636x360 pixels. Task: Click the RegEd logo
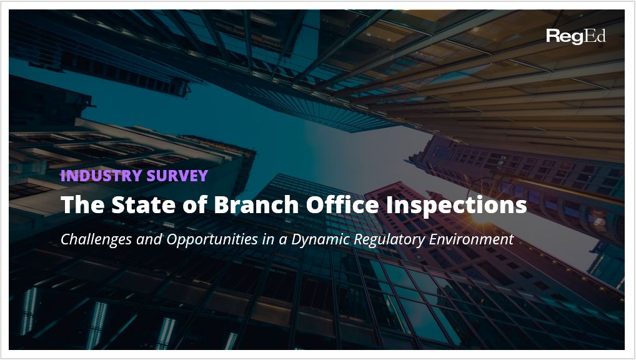576,36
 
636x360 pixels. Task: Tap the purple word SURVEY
177,176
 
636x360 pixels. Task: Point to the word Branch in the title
256,204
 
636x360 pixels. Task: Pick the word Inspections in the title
456,206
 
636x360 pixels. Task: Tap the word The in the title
82,204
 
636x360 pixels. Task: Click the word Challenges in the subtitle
96,239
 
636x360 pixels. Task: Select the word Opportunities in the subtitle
212,239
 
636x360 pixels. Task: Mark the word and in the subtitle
149,239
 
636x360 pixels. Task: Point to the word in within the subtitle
269,239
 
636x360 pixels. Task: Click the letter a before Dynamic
283,241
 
